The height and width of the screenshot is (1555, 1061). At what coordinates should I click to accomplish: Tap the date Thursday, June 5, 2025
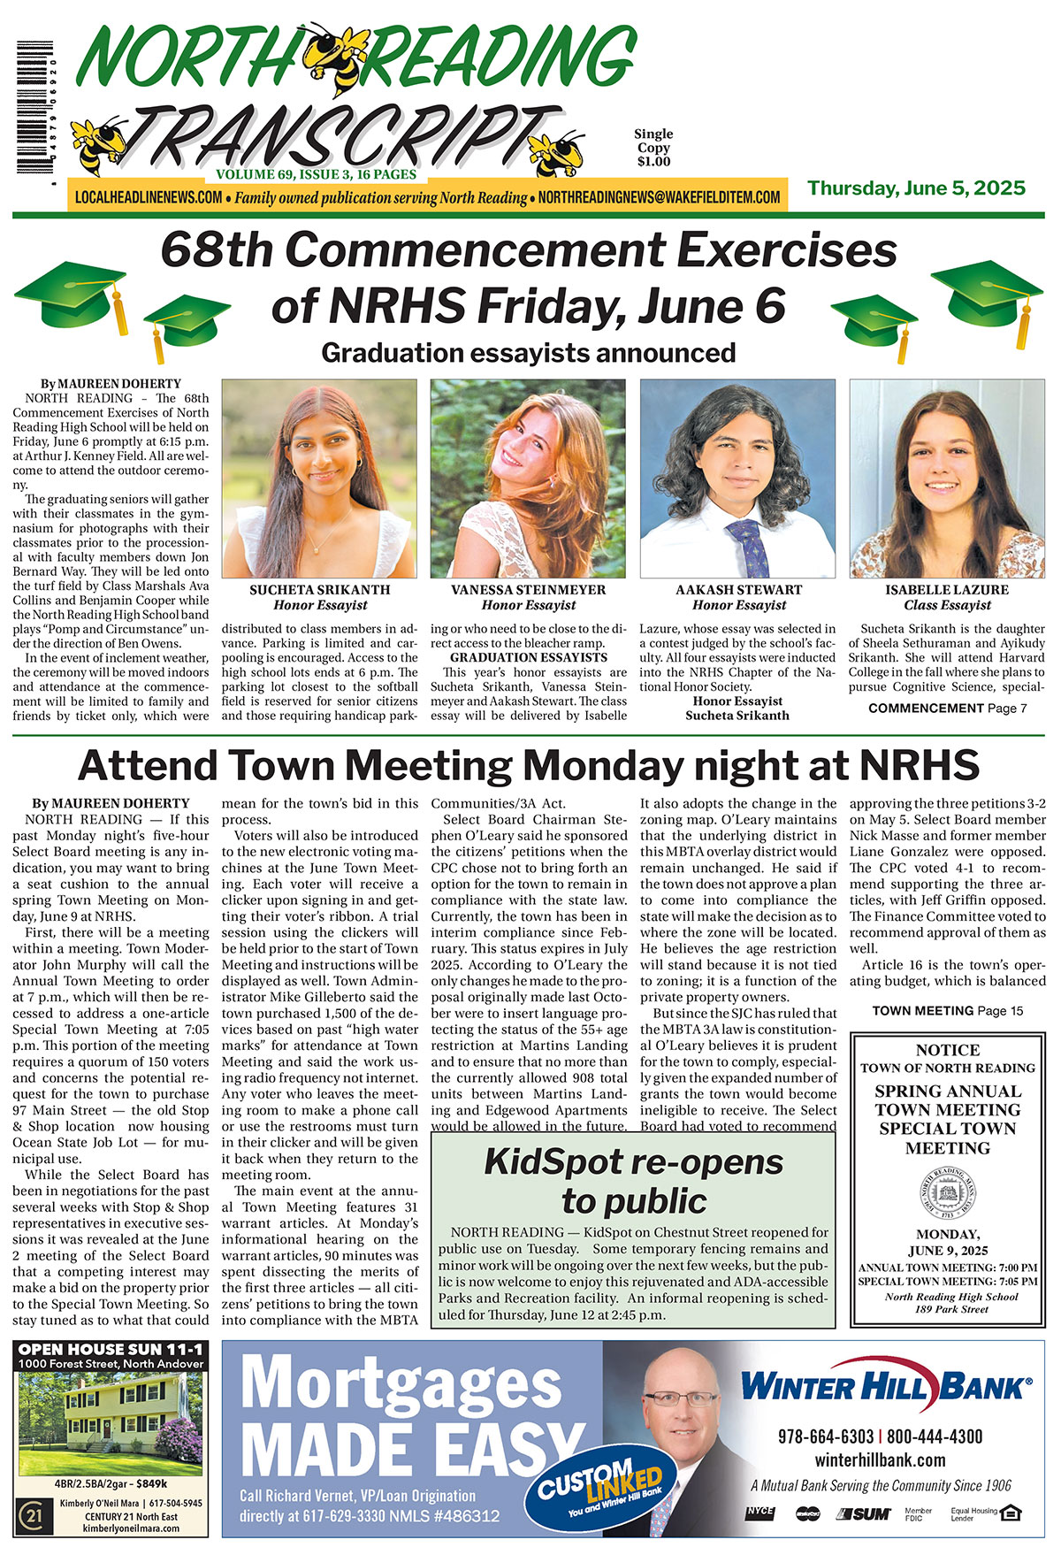point(916,188)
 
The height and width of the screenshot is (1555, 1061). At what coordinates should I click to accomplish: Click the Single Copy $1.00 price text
point(653,148)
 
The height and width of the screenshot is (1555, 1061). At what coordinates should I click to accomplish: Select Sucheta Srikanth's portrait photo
point(318,479)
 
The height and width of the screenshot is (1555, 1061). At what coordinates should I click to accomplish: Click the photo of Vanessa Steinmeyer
point(528,479)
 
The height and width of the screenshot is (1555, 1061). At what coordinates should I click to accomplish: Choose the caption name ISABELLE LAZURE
point(947,590)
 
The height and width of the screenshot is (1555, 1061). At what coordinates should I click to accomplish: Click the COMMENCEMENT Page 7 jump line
point(947,709)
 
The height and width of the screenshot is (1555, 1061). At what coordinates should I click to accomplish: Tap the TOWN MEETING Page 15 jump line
point(947,1010)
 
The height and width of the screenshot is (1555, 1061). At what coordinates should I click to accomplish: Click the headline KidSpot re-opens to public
point(633,1181)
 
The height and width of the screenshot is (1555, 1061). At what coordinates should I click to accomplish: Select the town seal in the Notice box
point(948,1193)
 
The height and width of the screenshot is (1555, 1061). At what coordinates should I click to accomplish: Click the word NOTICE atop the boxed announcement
point(948,1050)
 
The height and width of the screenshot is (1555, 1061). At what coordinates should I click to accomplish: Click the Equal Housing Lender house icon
point(1011,1513)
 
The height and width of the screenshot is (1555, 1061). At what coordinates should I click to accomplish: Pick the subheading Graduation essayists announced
point(528,353)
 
